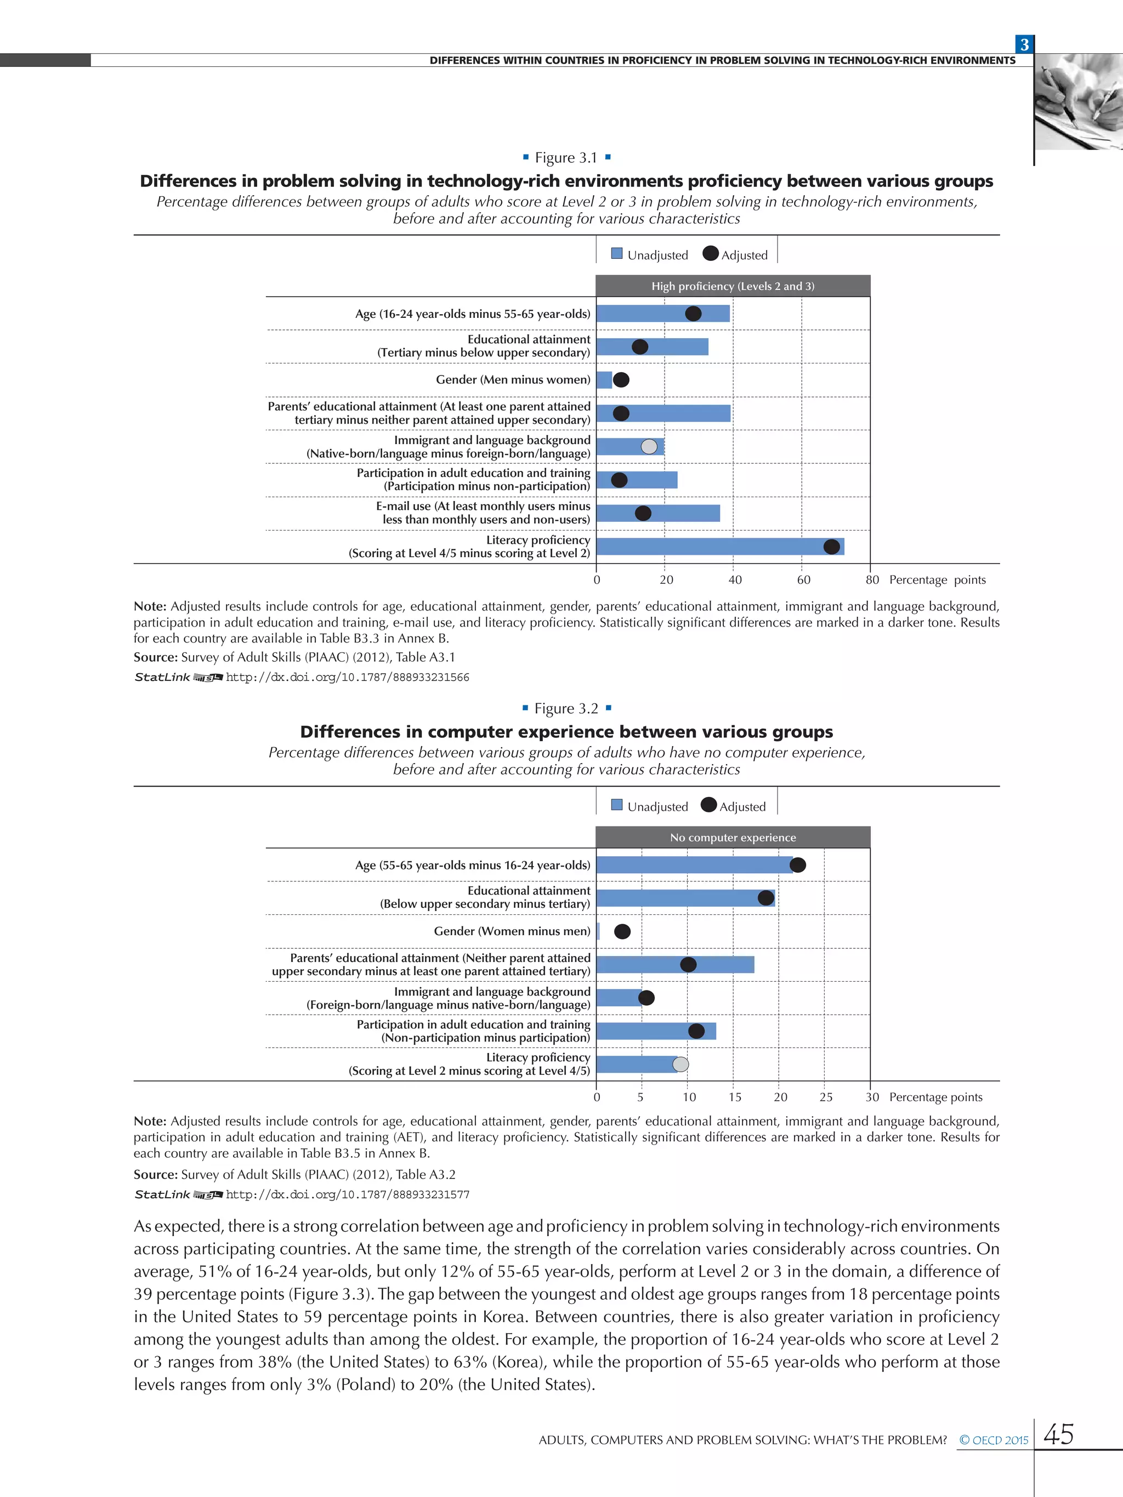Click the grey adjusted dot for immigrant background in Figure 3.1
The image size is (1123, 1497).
pos(649,447)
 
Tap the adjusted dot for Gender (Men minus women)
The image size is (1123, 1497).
pos(621,380)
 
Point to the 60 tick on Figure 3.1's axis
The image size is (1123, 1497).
pos(803,580)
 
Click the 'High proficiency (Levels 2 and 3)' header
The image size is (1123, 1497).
pos(733,286)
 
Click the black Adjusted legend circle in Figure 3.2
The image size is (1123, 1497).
pos(708,805)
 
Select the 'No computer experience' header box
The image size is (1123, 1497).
pos(733,837)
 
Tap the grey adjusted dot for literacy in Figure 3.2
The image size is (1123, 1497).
pos(680,1064)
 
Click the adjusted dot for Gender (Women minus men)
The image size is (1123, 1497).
pos(622,931)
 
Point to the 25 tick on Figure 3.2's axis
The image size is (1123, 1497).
pos(826,1097)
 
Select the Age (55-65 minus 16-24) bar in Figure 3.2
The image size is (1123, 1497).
pos(694,864)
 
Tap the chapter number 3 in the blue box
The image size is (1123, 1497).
pos(1024,44)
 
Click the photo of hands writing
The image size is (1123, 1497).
pos(1079,101)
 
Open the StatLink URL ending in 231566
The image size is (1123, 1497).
pos(347,678)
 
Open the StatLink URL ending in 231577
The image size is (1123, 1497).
pos(347,1194)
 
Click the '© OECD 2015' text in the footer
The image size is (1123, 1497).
pos(994,1440)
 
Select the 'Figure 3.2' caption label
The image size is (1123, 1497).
pos(566,709)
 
